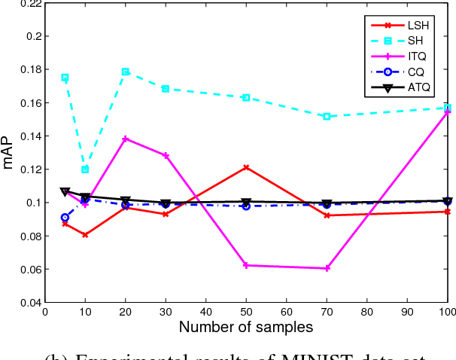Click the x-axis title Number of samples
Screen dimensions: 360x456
click(246, 327)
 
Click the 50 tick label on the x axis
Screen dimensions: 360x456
click(246, 312)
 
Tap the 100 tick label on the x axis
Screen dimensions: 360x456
click(447, 312)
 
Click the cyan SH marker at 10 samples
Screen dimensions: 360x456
click(85, 169)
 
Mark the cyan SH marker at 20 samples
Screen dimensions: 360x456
click(126, 72)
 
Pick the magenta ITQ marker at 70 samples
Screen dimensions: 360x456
click(327, 268)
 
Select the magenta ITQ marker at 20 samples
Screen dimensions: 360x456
click(126, 139)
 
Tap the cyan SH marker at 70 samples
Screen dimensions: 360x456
click(327, 117)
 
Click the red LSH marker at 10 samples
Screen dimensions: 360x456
click(85, 235)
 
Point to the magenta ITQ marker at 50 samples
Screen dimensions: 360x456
click(246, 265)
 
